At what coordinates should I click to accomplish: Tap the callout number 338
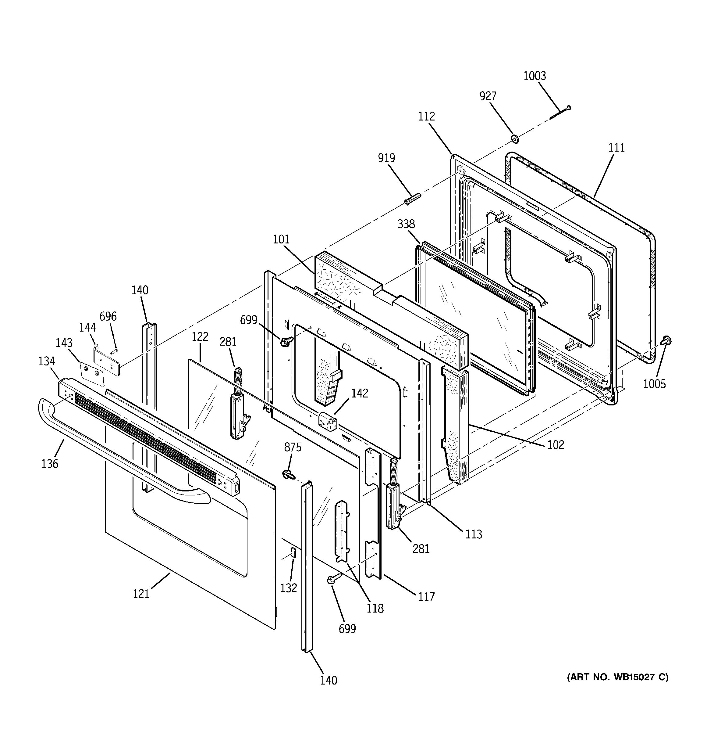pyautogui.click(x=406, y=225)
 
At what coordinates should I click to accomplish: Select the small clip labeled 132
pyautogui.click(x=293, y=552)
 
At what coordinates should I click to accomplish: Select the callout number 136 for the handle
pyautogui.click(x=50, y=464)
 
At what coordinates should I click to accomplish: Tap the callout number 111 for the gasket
pyautogui.click(x=616, y=148)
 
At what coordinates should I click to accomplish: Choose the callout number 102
pyautogui.click(x=556, y=445)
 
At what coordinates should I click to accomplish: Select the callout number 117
pyautogui.click(x=426, y=597)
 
